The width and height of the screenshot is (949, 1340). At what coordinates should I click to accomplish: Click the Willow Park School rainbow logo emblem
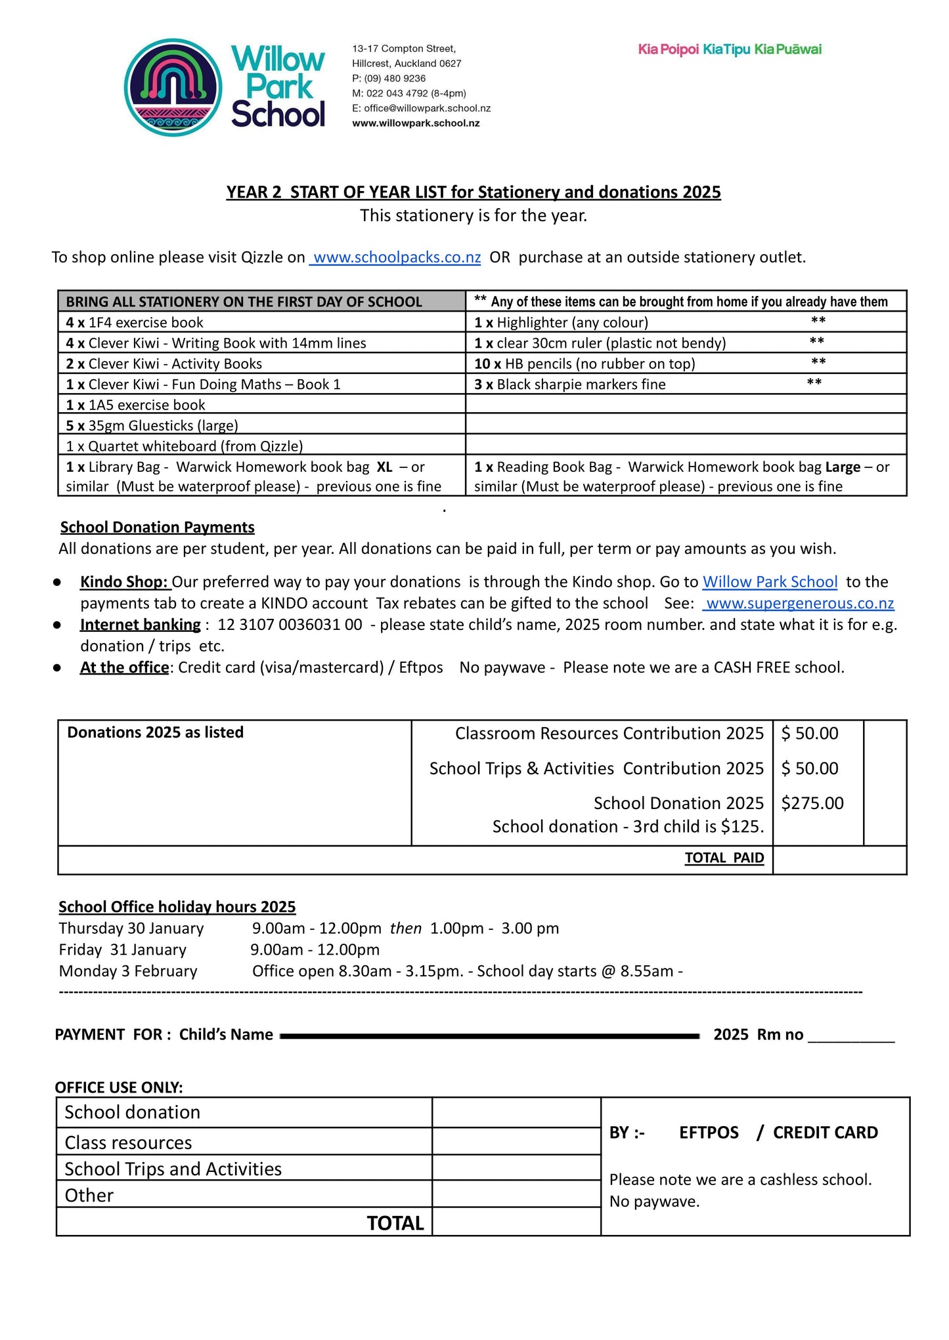[173, 87]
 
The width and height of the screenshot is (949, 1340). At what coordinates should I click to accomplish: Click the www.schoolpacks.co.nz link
[395, 257]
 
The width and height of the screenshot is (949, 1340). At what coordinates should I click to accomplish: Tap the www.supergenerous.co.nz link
[799, 603]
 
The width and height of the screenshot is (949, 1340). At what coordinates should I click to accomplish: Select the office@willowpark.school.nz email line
[421, 108]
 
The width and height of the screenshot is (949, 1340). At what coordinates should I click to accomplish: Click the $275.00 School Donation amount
[812, 803]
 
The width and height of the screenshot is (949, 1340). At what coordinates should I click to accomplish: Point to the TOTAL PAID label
[724, 858]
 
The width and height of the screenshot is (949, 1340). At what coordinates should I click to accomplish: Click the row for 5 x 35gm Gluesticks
[152, 425]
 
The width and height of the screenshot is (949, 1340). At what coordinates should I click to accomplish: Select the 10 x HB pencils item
[585, 364]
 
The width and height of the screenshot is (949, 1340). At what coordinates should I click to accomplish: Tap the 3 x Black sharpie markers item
[569, 385]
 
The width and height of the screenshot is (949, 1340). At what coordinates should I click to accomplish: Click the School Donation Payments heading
[157, 527]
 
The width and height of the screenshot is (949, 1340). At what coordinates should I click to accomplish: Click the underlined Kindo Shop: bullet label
[124, 582]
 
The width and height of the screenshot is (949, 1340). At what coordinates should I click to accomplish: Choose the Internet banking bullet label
[140, 625]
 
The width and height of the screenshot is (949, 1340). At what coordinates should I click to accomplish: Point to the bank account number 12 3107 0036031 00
[290, 625]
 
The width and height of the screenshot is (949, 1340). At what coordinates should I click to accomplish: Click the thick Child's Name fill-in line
[489, 1036]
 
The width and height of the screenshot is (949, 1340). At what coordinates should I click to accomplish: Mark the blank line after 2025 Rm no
[851, 1037]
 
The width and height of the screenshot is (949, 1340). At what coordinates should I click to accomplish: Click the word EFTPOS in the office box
[709, 1133]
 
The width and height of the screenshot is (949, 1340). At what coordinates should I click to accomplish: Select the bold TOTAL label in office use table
[395, 1223]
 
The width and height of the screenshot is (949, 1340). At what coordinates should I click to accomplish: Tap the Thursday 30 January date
[131, 929]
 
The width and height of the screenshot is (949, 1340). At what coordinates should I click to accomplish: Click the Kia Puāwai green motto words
[787, 49]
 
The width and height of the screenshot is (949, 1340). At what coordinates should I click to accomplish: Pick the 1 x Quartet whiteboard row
[184, 446]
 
